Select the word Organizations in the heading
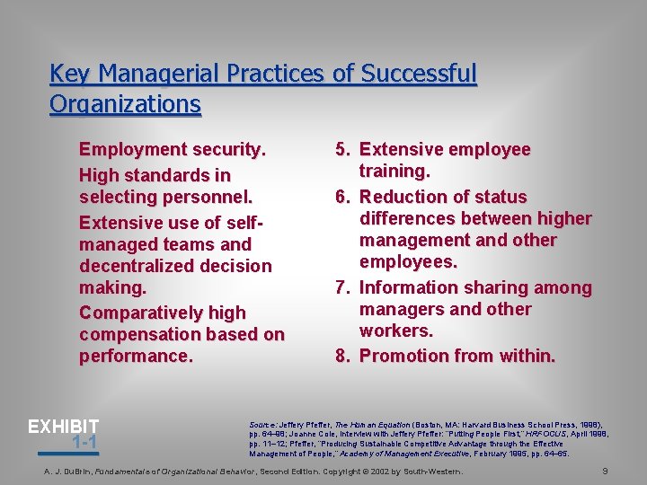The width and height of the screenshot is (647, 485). (125, 104)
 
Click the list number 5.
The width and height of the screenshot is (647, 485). (341, 149)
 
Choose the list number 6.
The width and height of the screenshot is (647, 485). (341, 197)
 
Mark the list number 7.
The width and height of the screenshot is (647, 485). (341, 287)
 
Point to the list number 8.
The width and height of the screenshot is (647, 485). (341, 356)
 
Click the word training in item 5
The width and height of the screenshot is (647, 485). (394, 171)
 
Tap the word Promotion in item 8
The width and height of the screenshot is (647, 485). (403, 356)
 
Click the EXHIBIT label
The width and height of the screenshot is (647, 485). (63, 427)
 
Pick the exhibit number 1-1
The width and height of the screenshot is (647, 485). (84, 442)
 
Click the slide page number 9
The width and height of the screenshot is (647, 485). (606, 470)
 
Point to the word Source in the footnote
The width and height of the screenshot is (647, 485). (264, 424)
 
